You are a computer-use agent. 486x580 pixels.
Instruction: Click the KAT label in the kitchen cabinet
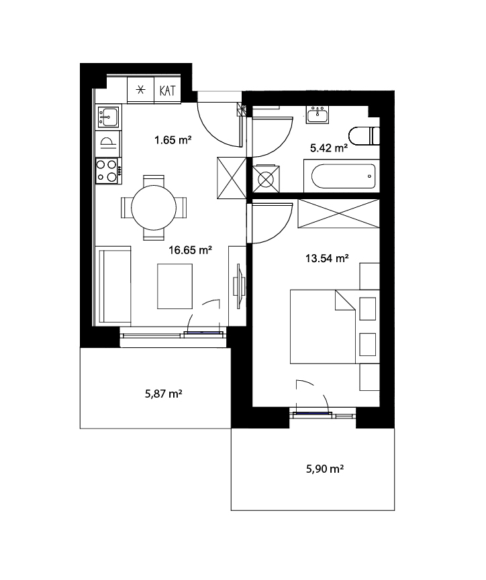coord(167,91)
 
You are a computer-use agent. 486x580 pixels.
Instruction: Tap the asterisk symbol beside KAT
coord(140,90)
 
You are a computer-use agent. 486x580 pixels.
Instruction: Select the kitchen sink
coord(108,116)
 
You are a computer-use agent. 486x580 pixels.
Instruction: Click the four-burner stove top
coord(107,171)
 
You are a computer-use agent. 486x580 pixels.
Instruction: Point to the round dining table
coord(154,207)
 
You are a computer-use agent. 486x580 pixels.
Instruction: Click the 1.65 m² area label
coord(173,140)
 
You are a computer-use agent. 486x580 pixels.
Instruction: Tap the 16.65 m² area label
coord(190,250)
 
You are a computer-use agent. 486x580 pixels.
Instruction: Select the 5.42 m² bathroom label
coord(329,148)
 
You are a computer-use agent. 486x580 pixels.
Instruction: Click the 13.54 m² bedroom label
coord(327,258)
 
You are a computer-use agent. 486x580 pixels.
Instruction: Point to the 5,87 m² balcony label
coord(163,394)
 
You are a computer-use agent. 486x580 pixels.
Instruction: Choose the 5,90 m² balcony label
coord(325,469)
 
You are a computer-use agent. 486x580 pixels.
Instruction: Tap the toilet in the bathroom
coord(364,136)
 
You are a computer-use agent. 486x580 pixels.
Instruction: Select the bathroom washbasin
coord(318,115)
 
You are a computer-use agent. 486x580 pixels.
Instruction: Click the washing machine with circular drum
coord(266,178)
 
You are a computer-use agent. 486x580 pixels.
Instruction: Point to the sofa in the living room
coord(113,286)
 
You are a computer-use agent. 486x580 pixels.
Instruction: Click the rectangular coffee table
coord(175,286)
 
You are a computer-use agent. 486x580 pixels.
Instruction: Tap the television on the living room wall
coord(238,286)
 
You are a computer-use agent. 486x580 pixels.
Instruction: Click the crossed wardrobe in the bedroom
coord(338,213)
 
